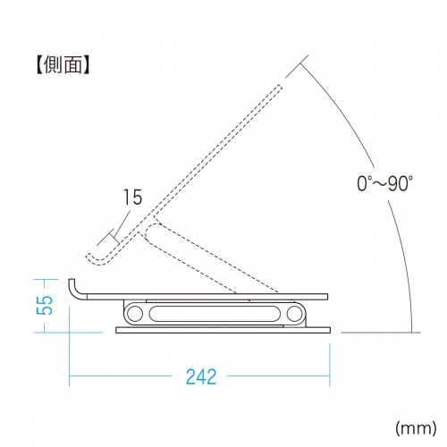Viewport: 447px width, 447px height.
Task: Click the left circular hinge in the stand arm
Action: coord(136,315)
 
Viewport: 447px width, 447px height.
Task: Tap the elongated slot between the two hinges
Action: coord(215,315)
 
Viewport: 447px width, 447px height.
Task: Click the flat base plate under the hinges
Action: coord(223,331)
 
